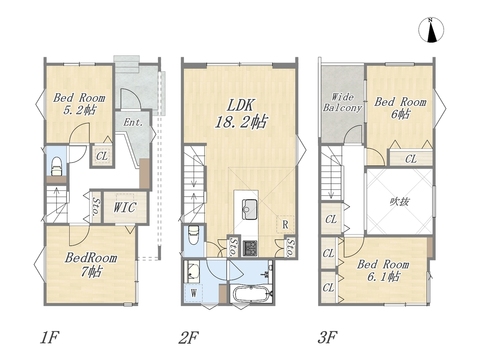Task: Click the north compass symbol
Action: coord(431,30)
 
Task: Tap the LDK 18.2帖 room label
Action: coord(241,113)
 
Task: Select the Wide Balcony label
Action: coord(342,102)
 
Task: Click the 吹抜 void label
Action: coord(399,202)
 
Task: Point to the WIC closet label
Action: coord(125,207)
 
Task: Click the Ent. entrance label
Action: coord(133,122)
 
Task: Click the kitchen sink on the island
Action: coord(250,209)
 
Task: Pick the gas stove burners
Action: coord(250,248)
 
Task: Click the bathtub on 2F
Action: coord(251,293)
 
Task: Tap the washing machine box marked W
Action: coord(193,293)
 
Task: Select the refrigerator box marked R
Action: coord(285,225)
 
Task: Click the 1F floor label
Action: coord(49,337)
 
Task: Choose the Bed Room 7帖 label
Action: coord(91,265)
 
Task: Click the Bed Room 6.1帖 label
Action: coord(383,270)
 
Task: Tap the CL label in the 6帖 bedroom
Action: coord(411,159)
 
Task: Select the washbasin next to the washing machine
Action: coord(192,271)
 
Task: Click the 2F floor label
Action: coord(188,337)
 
